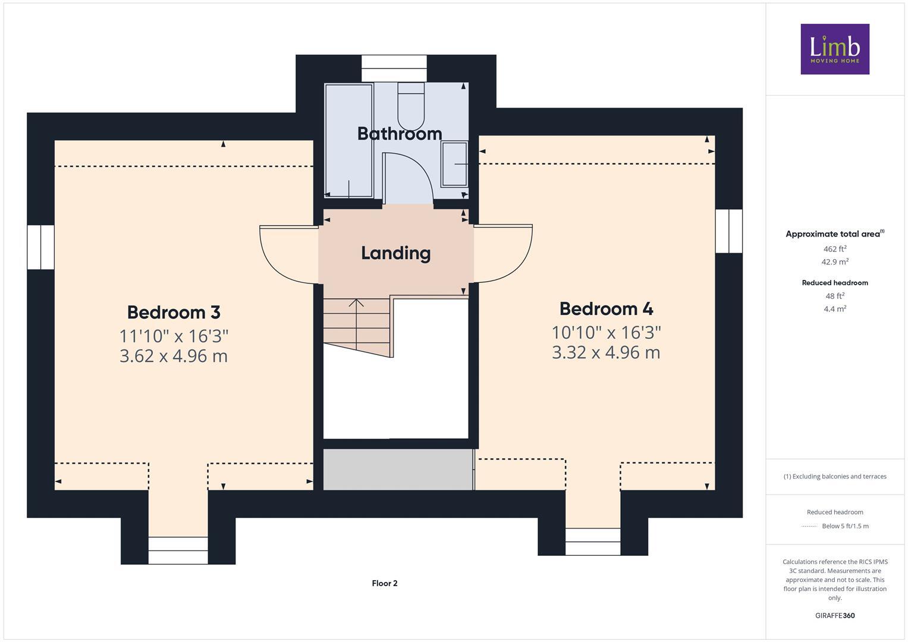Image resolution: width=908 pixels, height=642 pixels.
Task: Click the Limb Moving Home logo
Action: pos(835,49)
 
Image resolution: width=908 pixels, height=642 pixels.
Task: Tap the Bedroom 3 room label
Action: pos(174,312)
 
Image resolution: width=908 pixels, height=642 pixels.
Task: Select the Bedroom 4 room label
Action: pos(606,309)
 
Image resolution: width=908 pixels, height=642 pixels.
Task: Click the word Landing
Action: pos(396,253)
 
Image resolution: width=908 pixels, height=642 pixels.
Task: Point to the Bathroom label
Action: pos(399,134)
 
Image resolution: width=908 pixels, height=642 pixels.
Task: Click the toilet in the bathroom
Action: pos(411,105)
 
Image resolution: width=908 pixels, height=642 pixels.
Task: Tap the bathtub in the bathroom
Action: pos(348,140)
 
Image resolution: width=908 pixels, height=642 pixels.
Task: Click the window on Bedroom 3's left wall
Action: pos(40,247)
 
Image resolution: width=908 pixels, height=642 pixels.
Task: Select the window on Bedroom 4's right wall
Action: pos(729,231)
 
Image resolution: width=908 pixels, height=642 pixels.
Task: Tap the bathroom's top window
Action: pos(394,68)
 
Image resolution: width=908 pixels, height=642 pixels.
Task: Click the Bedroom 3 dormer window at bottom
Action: pos(178,550)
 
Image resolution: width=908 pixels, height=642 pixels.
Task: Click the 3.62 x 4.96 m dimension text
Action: pos(174,356)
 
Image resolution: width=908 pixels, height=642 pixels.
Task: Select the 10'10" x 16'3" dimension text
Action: pos(606,332)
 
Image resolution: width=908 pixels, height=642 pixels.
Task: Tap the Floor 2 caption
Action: pos(385,583)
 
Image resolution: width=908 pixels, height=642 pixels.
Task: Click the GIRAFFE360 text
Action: pos(834,615)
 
